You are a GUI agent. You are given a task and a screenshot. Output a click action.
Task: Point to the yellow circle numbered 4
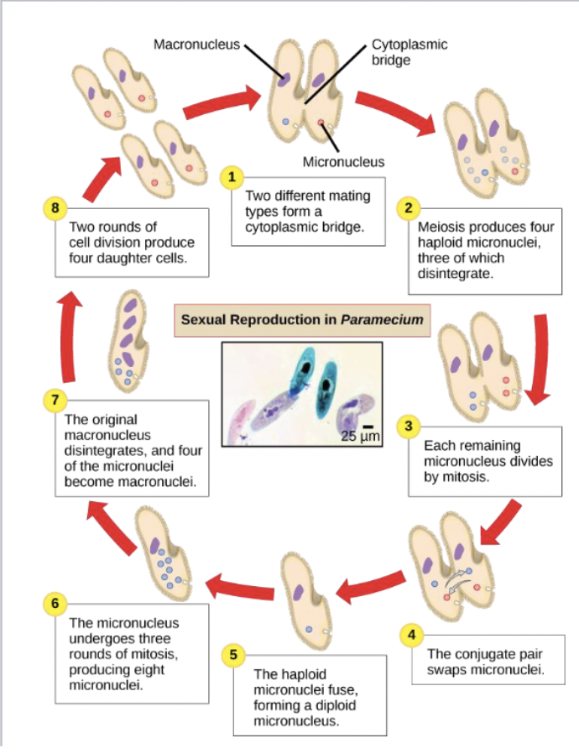[411, 634]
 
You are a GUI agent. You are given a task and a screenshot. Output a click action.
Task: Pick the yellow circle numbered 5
[234, 653]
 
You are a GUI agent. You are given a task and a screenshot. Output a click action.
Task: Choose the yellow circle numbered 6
[55, 603]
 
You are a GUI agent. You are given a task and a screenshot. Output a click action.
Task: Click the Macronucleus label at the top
[196, 45]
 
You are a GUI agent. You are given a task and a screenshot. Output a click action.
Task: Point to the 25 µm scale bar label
[361, 436]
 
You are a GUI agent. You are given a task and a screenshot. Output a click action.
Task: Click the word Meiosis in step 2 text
[439, 228]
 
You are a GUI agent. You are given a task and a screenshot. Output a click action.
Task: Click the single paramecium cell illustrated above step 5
[303, 605]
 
